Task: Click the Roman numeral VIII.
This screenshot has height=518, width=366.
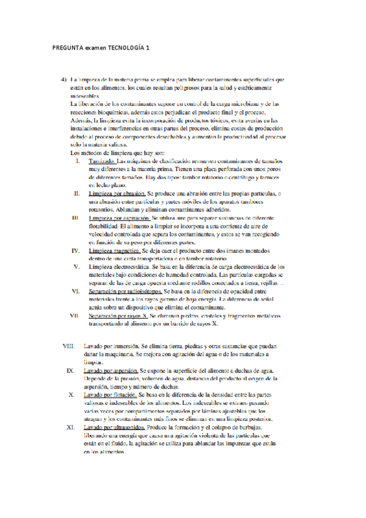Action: coord(69,346)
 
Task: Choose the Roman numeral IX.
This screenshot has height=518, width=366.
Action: coord(71,370)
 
